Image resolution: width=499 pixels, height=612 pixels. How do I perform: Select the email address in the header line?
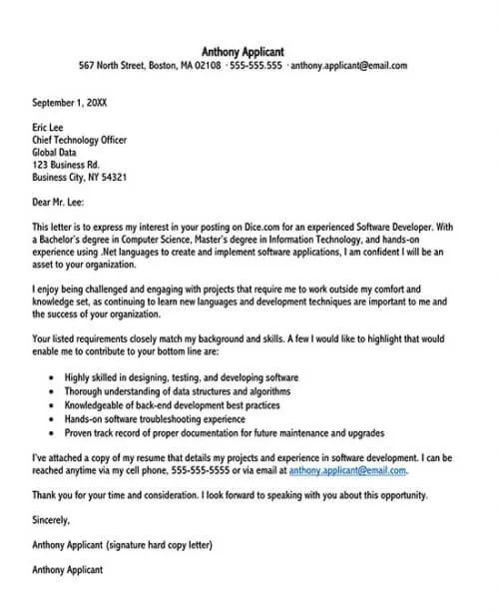[348, 66]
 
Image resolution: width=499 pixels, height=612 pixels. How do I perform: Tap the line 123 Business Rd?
[66, 164]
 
